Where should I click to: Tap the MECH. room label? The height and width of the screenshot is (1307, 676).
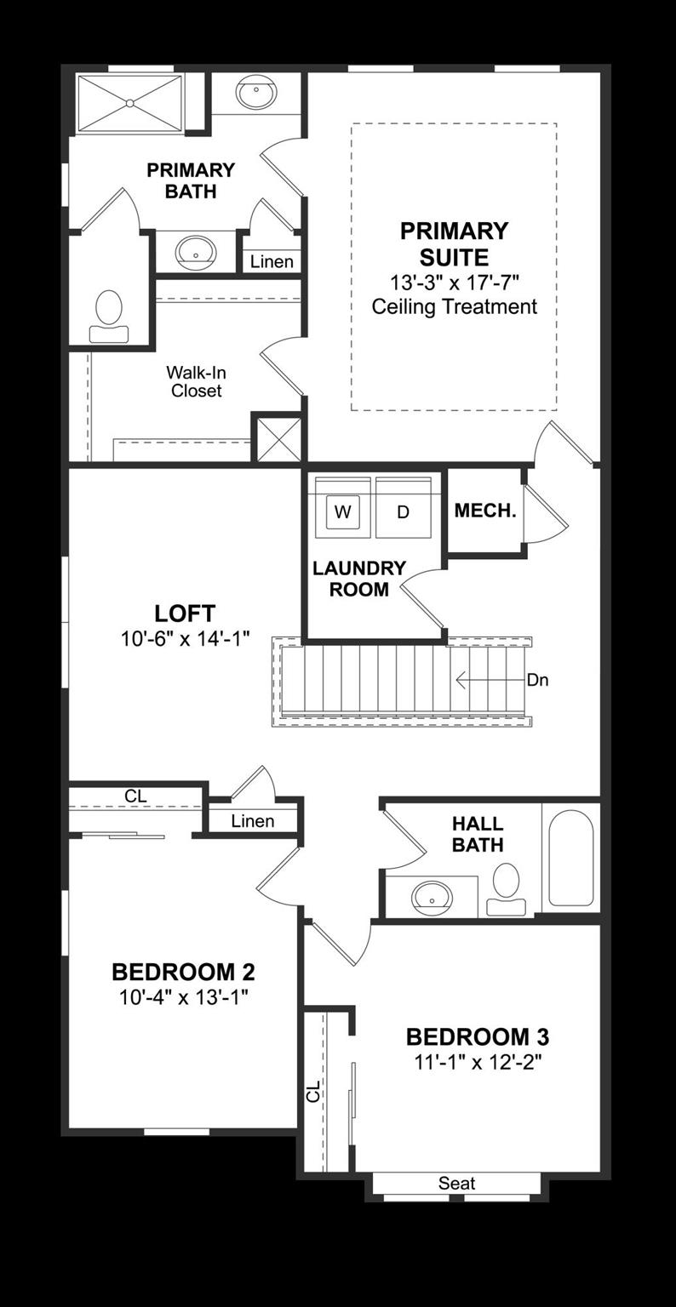click(x=484, y=511)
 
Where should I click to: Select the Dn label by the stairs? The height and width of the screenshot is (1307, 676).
click(x=538, y=680)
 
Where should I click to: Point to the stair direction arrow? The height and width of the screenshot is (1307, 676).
click(x=489, y=681)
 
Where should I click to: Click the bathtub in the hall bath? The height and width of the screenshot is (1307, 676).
click(x=570, y=858)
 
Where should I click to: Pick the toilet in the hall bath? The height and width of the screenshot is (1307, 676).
click(x=507, y=888)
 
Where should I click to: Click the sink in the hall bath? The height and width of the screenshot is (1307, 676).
click(x=432, y=896)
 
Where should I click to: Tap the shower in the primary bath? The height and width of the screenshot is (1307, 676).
click(x=130, y=104)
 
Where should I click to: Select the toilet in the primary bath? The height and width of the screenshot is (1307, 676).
click(x=109, y=316)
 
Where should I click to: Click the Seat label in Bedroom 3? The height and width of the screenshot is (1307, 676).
click(x=456, y=1183)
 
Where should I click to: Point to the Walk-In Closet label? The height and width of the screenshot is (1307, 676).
click(x=196, y=381)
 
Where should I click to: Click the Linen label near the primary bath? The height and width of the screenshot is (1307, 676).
click(x=272, y=262)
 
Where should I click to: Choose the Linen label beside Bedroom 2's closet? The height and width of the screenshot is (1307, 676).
click(x=253, y=821)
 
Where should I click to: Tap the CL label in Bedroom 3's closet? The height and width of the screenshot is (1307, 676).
click(x=313, y=1091)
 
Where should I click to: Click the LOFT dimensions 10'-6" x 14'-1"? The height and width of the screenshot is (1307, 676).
click(x=185, y=638)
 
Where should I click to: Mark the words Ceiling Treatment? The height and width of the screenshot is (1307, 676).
click(x=454, y=306)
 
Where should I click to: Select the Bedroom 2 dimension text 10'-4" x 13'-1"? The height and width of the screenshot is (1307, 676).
click(x=183, y=996)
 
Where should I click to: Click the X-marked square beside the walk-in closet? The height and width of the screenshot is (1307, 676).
click(x=278, y=438)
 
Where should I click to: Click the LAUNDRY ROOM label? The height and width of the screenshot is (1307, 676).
click(x=358, y=579)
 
